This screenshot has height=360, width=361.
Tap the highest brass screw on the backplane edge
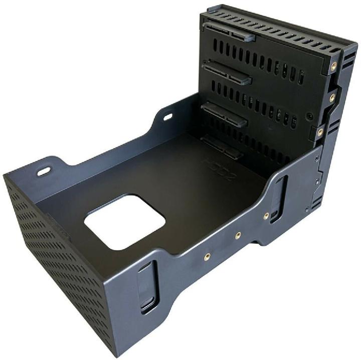click(333, 65)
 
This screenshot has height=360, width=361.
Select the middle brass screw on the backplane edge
click(331, 98)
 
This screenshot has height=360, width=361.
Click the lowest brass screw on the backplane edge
click(320, 132)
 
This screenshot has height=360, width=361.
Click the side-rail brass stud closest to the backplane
click(266, 216)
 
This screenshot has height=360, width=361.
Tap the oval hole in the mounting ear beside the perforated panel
click(44, 171)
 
